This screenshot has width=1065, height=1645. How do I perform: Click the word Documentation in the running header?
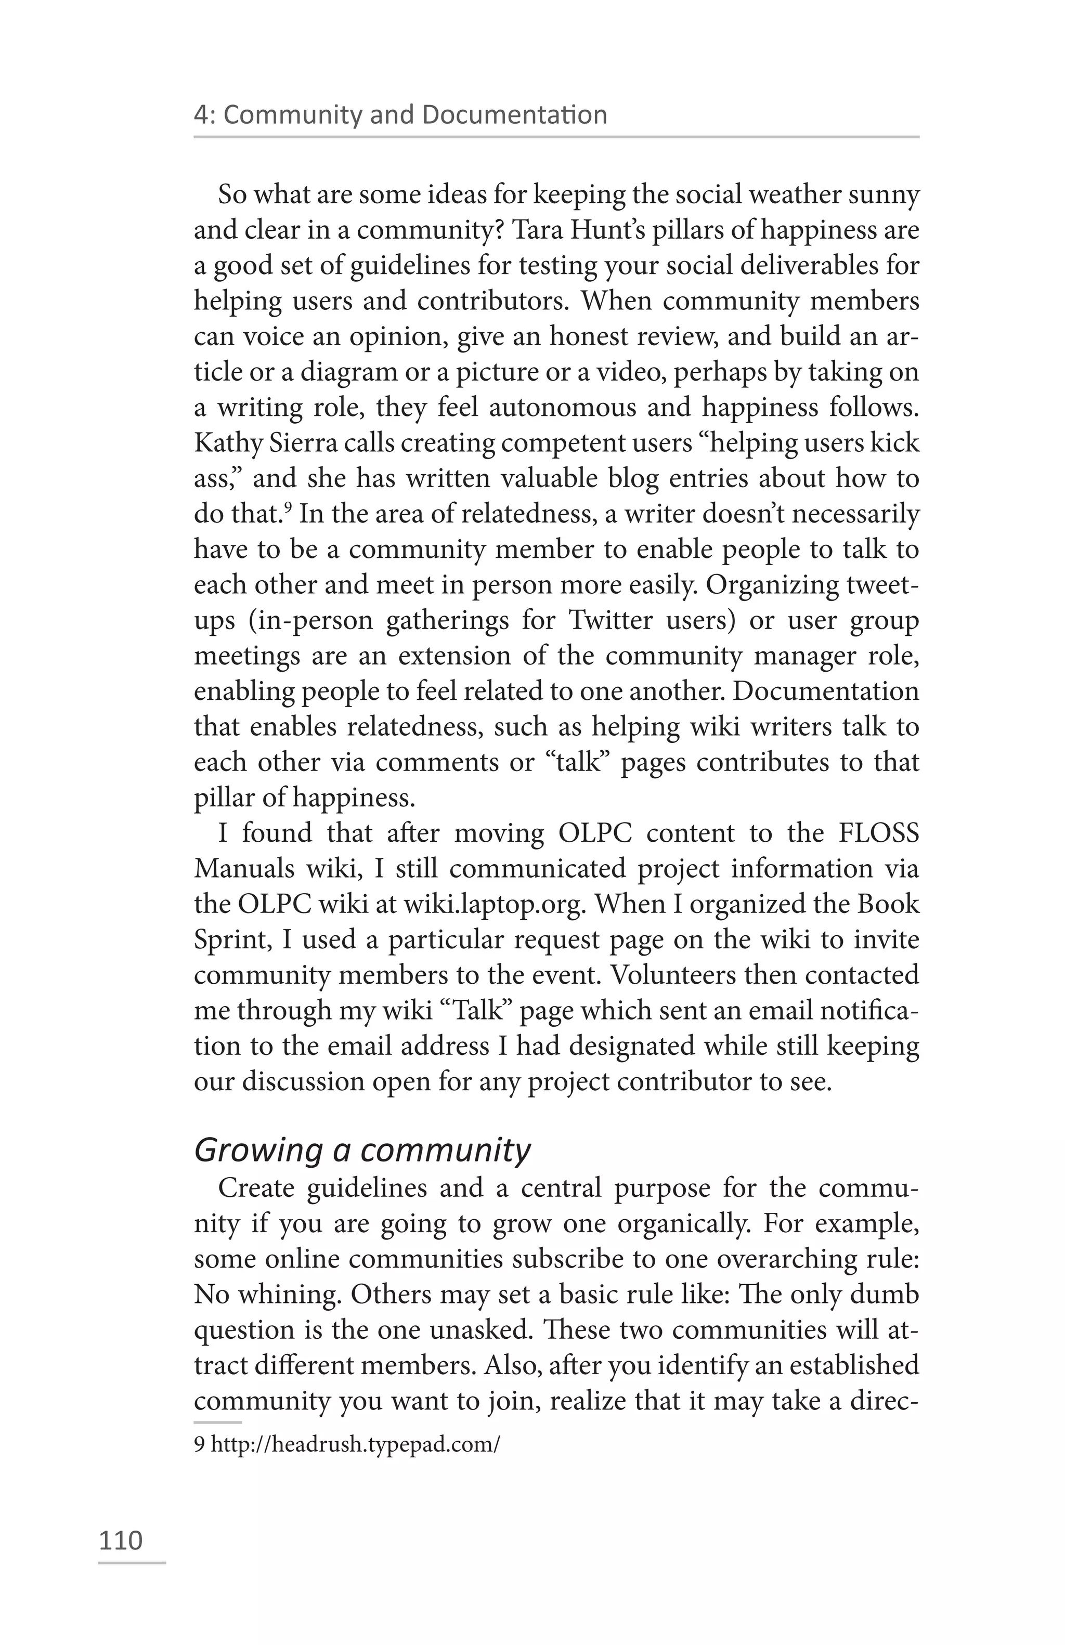coord(514,115)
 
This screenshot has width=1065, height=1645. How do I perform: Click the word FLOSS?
coord(878,833)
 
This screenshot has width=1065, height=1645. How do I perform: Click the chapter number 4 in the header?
coord(200,115)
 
